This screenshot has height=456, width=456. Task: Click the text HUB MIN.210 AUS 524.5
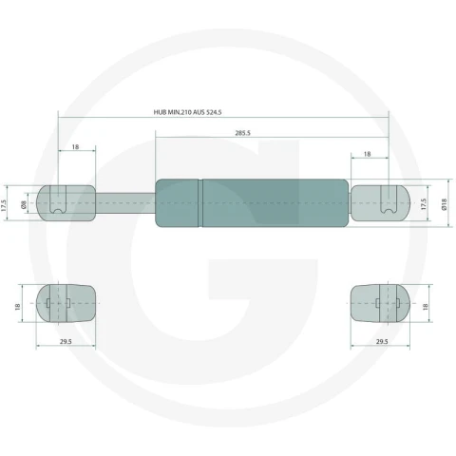pyautogui.click(x=187, y=112)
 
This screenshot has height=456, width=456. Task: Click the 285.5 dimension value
pyautogui.click(x=242, y=133)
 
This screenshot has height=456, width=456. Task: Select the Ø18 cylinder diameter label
pyautogui.click(x=444, y=204)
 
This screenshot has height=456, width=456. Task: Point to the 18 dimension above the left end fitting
pyautogui.click(x=75, y=147)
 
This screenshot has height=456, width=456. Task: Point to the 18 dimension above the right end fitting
pyautogui.click(x=367, y=154)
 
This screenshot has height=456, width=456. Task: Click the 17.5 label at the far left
pyautogui.click(x=4, y=206)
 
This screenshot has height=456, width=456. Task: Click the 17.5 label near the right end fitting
pyautogui.click(x=424, y=204)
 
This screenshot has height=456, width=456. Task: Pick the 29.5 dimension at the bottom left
pyautogui.click(x=66, y=341)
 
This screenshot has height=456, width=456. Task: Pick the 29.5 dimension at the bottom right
pyautogui.click(x=382, y=342)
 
